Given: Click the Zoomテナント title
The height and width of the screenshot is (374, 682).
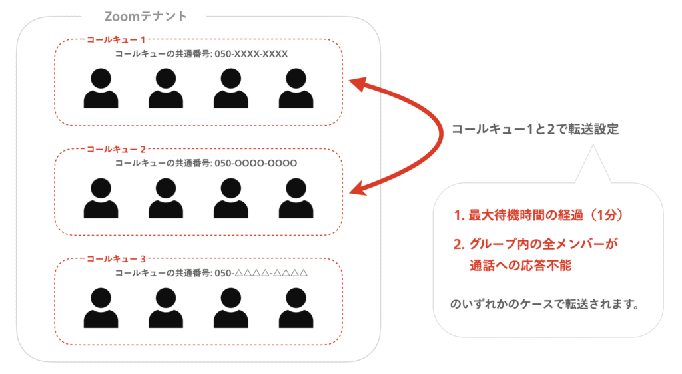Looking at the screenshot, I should (146, 15).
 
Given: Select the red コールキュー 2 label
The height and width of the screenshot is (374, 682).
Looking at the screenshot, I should (117, 149).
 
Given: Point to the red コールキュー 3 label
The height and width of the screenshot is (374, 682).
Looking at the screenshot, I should (117, 258).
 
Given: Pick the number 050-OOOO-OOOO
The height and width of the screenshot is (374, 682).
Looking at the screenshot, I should (255, 163).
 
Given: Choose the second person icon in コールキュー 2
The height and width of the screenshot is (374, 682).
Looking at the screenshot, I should (166, 198).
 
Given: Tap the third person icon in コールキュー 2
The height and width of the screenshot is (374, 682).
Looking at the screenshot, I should (231, 198).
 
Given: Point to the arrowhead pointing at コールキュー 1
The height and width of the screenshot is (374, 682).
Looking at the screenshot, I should (358, 85).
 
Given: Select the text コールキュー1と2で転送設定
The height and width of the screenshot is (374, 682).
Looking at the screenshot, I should (535, 130).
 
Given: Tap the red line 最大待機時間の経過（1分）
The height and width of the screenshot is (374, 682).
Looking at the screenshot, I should (537, 216).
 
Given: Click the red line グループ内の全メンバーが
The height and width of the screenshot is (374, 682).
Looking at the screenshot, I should (536, 244).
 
